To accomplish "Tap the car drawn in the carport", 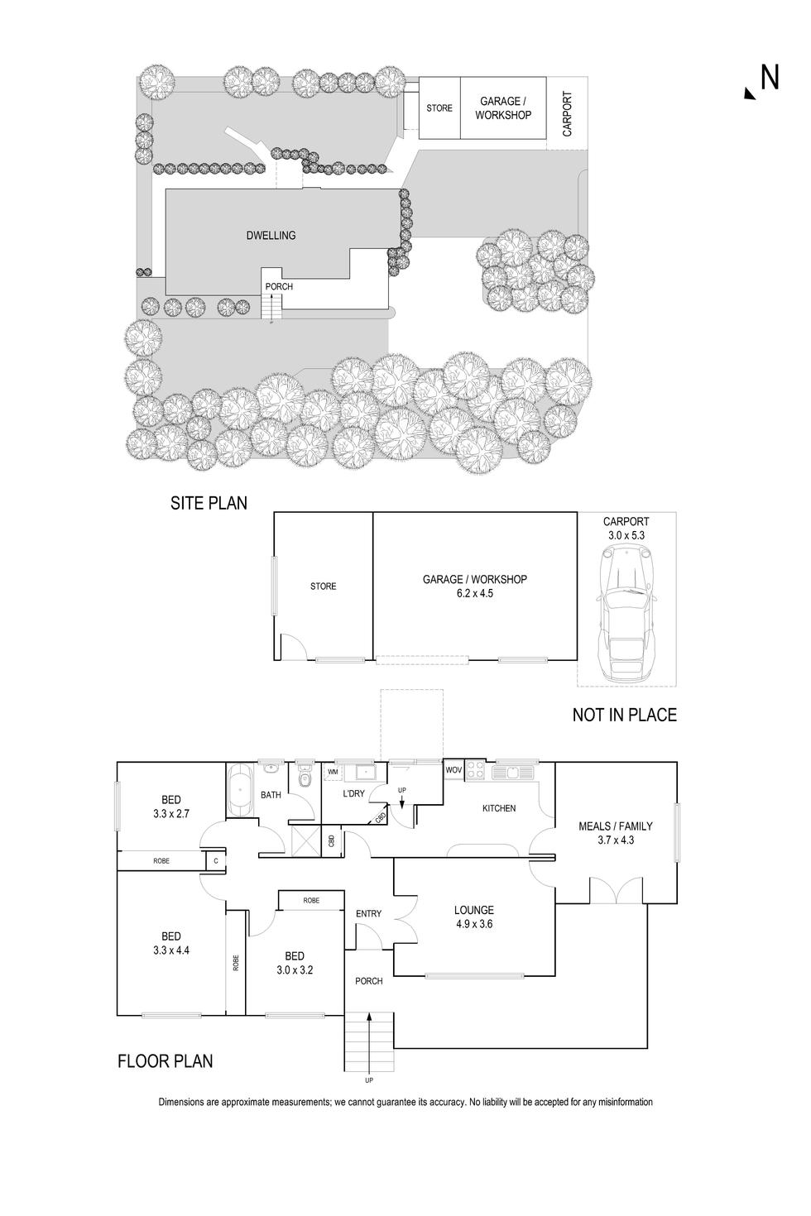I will (626, 613).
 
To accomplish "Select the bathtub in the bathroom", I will (241, 789).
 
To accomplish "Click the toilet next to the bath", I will (303, 778).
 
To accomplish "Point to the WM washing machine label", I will (333, 772).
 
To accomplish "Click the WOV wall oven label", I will (453, 770).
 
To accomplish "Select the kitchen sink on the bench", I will (512, 773).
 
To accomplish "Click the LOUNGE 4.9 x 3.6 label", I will (474, 917).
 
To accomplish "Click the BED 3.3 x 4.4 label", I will (171, 943).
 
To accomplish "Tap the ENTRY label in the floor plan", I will (369, 913).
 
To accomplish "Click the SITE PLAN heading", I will (209, 502).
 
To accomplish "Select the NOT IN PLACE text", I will (624, 715).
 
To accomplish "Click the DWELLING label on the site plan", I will (271, 236).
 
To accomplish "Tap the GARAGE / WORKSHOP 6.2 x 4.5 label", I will (474, 586).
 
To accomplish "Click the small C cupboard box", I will (215, 861).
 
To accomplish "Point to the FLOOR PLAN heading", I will (166, 1060).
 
